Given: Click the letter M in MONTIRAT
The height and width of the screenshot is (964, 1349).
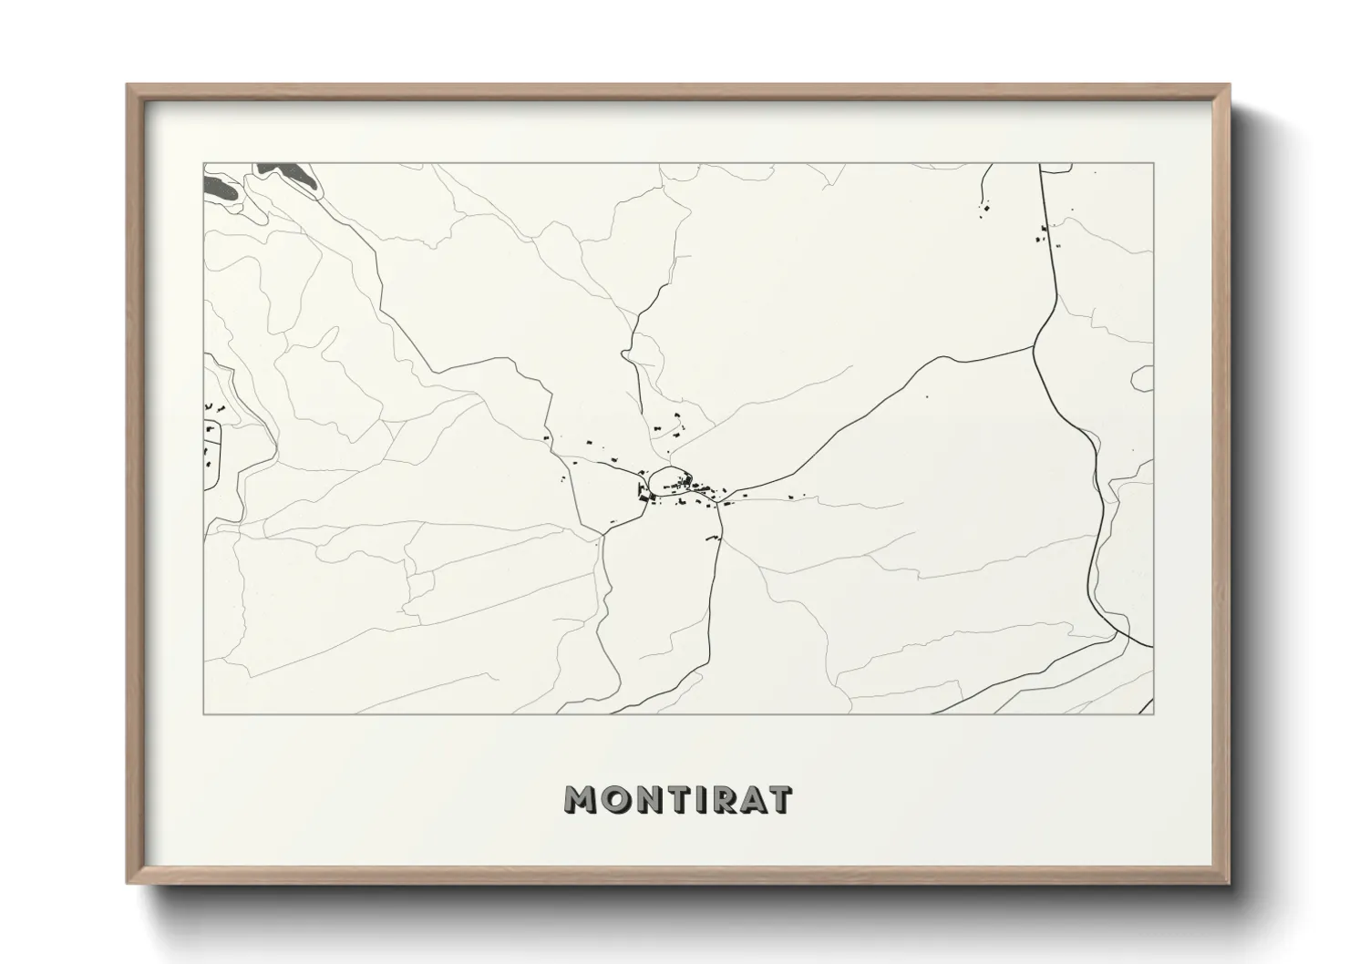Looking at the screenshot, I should pos(583,799).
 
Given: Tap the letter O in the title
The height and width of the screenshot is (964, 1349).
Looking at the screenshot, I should pos(619,799).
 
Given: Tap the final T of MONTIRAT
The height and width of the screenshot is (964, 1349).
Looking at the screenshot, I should pos(780,799).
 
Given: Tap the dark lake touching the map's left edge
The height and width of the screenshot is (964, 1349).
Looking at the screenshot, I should pos(219,190).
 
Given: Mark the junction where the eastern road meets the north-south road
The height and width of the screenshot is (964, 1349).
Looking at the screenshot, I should pos(1035,346).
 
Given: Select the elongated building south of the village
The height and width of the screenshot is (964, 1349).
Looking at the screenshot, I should pos(712,539).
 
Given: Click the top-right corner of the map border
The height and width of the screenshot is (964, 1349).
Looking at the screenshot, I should pos(1154,164).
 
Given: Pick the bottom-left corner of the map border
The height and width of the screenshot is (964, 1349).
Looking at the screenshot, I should pos(203,713).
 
